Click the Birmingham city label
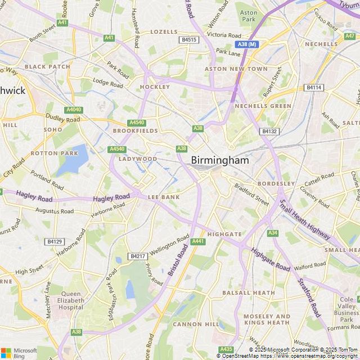[x=219, y=160]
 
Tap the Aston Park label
[x=249, y=15]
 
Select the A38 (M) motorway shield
[x=246, y=44]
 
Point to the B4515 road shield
[x=189, y=40]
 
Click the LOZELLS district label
[x=163, y=32]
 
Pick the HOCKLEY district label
[x=155, y=87]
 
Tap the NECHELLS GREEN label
[x=263, y=106]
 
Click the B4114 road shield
[x=313, y=87]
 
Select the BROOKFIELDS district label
[x=135, y=130]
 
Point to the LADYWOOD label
[x=137, y=159]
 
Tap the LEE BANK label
[x=164, y=197]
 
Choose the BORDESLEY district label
[x=276, y=183]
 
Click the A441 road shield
[x=197, y=241]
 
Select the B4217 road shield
[x=137, y=256]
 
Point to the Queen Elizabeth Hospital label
[x=71, y=301]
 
